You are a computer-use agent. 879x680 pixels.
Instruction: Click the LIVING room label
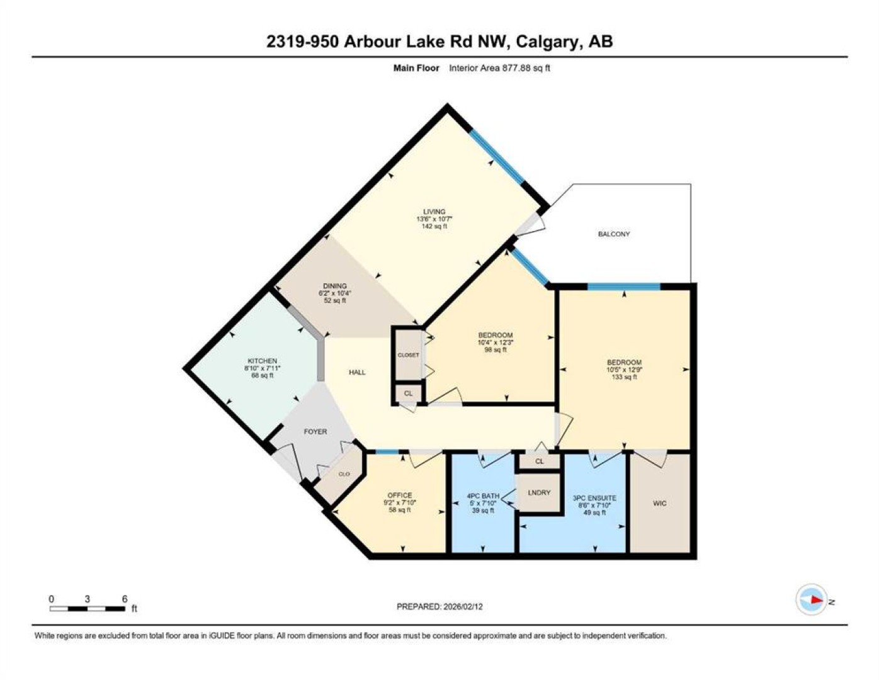[x=434, y=212]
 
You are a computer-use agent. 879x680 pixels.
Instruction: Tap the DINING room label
[x=335, y=286]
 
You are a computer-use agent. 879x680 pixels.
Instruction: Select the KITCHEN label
[x=263, y=361]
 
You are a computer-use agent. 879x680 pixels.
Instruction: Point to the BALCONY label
[x=614, y=234]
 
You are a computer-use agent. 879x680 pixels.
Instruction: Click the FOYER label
[x=315, y=432]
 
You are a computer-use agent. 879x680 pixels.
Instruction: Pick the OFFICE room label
[x=400, y=495]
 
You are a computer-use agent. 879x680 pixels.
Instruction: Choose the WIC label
[x=660, y=503]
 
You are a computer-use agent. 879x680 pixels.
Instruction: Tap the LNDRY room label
[x=539, y=493]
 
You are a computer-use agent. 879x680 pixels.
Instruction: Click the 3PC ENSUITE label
[x=594, y=499]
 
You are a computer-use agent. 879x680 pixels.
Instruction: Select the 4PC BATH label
[x=483, y=496]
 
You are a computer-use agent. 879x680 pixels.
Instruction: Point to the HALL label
[x=357, y=372]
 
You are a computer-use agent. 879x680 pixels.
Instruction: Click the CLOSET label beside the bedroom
[x=409, y=354]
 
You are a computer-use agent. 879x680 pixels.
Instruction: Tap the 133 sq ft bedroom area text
[x=624, y=377]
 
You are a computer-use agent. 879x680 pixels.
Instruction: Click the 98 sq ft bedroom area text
[x=496, y=349]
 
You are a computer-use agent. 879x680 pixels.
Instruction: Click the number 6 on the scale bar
[x=125, y=599]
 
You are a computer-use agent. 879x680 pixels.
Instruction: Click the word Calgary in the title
[x=546, y=42]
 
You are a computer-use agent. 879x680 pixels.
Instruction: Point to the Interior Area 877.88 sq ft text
[x=499, y=68]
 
